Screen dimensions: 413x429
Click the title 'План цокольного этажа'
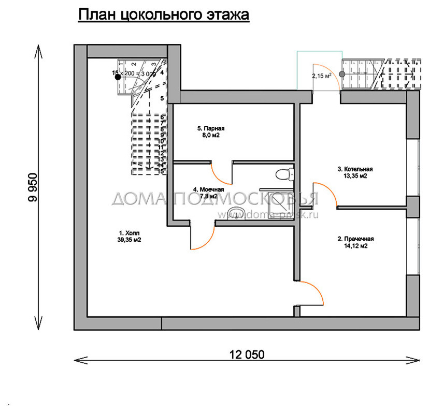(x=164, y=15)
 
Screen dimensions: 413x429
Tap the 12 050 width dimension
(x=247, y=355)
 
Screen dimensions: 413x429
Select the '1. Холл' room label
(x=130, y=237)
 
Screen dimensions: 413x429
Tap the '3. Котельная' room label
(x=355, y=172)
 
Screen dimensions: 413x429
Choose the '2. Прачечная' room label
(x=355, y=242)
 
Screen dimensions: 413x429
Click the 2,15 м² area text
(x=321, y=76)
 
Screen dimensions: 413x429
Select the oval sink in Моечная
(x=238, y=213)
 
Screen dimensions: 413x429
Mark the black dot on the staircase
(x=118, y=77)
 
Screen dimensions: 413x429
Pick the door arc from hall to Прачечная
(x=313, y=293)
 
